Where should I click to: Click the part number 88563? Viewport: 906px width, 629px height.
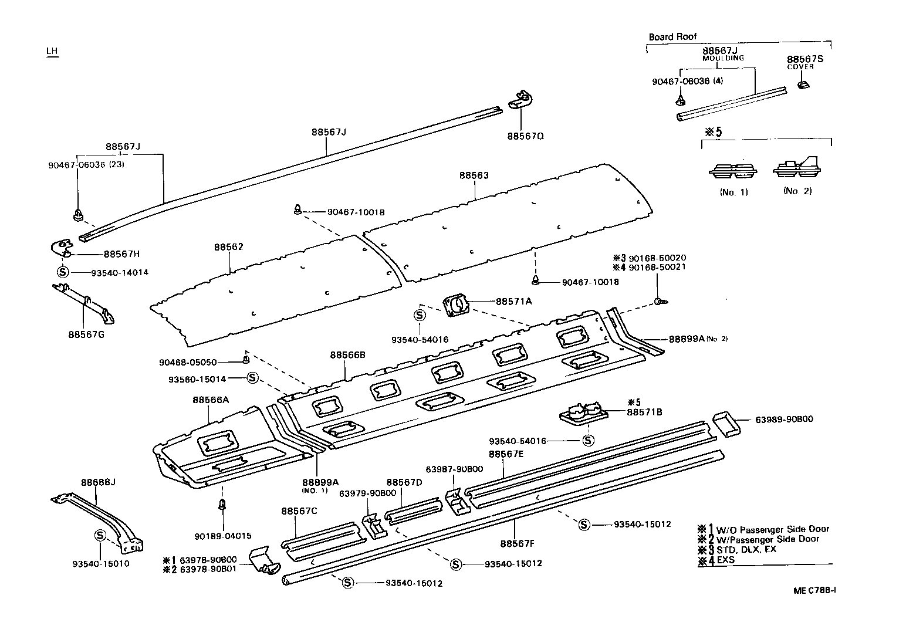474,175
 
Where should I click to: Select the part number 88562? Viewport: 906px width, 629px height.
228,247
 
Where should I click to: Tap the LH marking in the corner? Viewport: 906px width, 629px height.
52,52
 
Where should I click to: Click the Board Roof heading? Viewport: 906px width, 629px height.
672,37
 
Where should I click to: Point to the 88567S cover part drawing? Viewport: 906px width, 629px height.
803,84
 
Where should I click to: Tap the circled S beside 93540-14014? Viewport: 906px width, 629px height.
63,272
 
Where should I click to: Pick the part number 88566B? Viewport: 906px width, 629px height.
347,355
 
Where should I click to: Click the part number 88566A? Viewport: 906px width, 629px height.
210,400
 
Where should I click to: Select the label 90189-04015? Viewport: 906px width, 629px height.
223,536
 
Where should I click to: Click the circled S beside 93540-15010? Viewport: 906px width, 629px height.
100,535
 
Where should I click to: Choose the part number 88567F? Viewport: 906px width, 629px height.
517,543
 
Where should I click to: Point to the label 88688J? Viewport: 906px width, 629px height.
98,482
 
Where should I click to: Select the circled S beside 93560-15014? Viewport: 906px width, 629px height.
252,378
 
